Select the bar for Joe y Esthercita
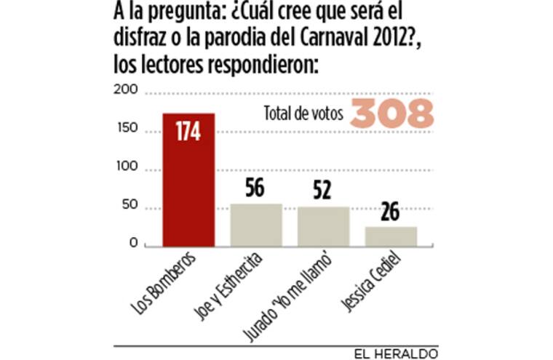pyautogui.click(x=256, y=225)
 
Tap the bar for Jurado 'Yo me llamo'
pyautogui.click(x=323, y=227)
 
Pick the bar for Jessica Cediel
pyautogui.click(x=391, y=237)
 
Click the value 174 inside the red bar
pyautogui.click(x=188, y=132)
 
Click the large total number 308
pyautogui.click(x=392, y=114)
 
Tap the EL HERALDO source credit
pyautogui.click(x=397, y=352)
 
